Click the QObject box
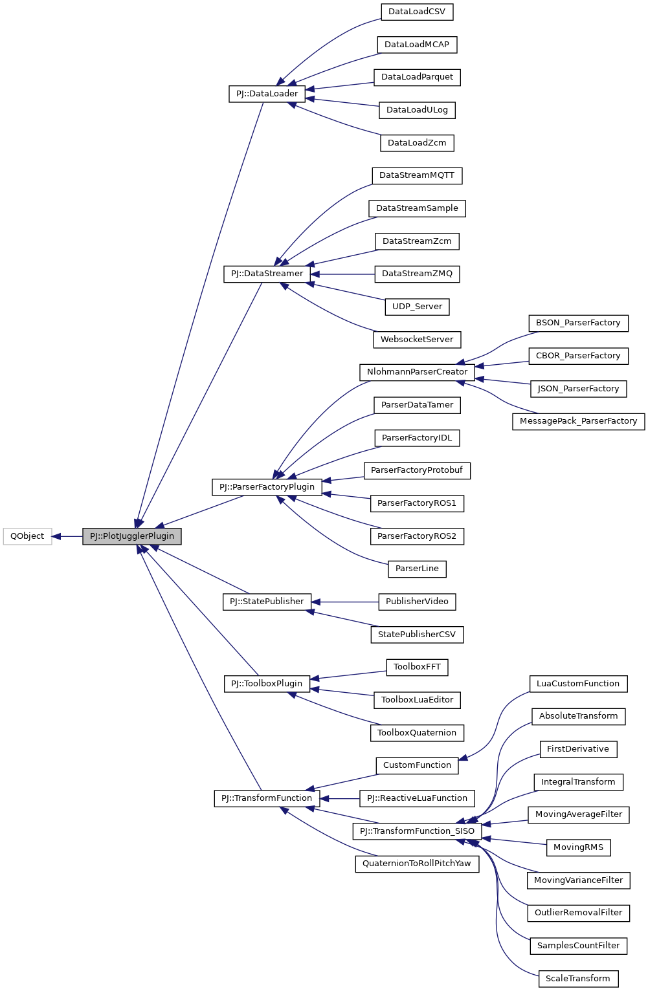point(27,536)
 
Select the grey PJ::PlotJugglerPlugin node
point(131,536)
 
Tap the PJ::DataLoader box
point(267,94)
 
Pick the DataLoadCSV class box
point(417,12)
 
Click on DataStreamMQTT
point(417,175)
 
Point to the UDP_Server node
point(417,307)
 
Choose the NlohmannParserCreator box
point(417,372)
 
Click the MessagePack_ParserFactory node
point(578,421)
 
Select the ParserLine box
point(417,569)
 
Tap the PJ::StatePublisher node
point(267,602)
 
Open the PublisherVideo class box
point(417,602)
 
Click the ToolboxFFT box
point(417,667)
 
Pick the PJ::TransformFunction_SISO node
point(417,831)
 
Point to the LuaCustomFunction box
point(578,684)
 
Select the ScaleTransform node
point(578,979)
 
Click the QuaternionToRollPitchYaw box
point(417,864)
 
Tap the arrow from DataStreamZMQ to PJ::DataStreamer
point(342,274)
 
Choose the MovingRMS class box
point(578,847)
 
